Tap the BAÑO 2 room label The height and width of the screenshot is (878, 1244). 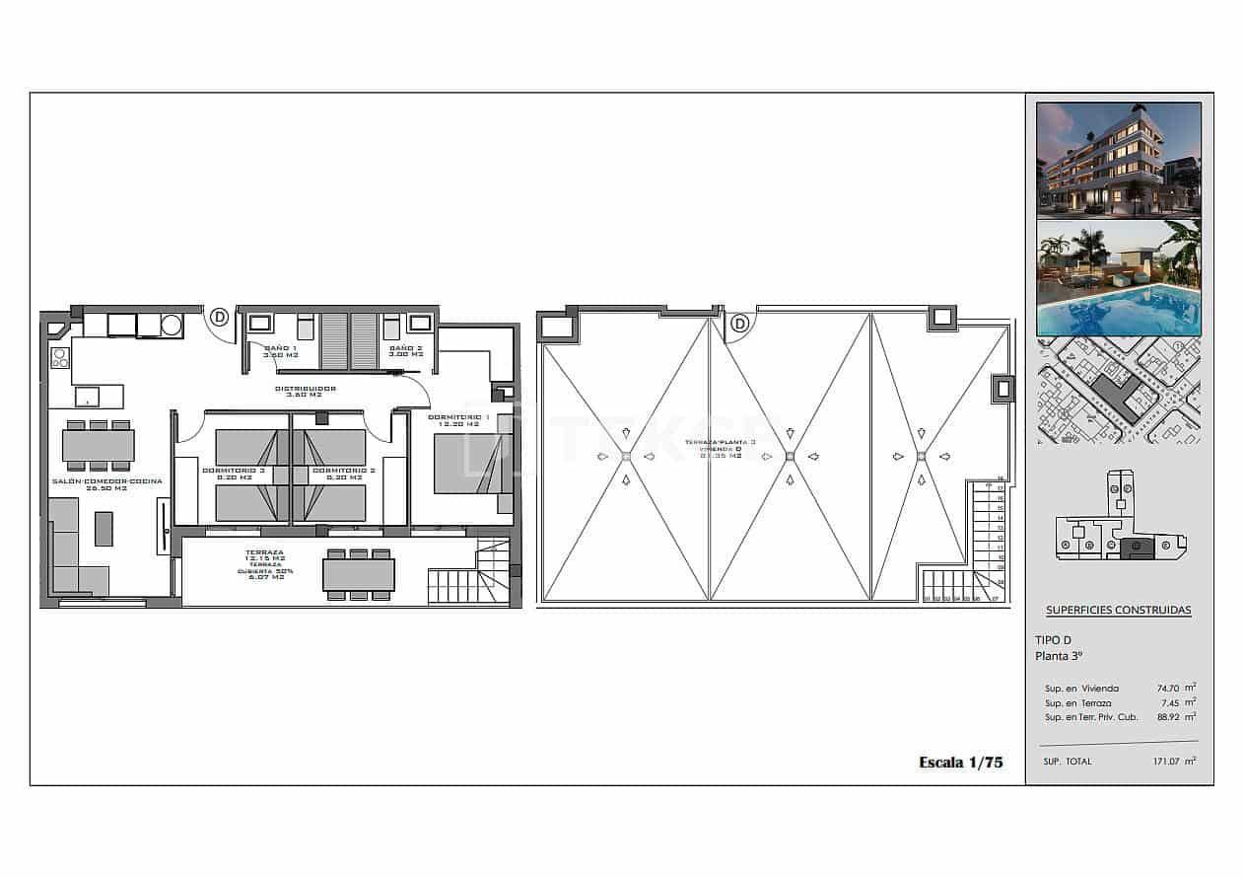coord(405,351)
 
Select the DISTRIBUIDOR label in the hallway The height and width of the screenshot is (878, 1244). coord(305,393)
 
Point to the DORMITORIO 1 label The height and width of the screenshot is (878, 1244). coord(458,421)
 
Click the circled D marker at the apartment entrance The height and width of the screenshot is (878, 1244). coord(219,318)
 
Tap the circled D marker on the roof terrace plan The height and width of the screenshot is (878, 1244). coord(738,324)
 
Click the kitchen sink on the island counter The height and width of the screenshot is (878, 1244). coord(87,397)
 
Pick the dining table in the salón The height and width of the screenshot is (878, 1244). coord(99,445)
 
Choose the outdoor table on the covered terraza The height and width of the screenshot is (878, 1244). coord(359,574)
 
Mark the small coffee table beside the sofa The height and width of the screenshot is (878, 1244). coord(104,528)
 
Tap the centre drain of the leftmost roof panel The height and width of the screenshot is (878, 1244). coord(626,456)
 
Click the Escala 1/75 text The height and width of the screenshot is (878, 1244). coord(960,762)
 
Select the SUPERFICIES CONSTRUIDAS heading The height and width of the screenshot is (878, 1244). coord(1118,611)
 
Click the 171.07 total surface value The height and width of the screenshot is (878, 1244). coord(1170,762)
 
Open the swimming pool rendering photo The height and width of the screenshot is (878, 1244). coord(1118,279)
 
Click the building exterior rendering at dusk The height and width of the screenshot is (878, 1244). coord(1118,159)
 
